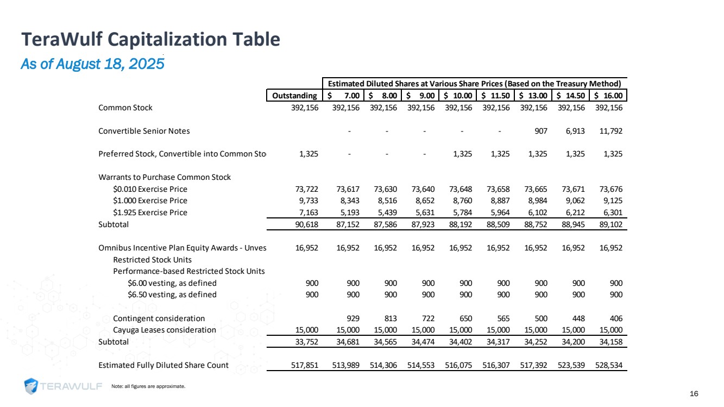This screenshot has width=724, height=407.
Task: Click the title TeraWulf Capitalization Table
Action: click(150, 39)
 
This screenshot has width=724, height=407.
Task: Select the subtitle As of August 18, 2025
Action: click(92, 64)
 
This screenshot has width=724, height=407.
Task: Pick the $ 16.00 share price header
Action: click(608, 96)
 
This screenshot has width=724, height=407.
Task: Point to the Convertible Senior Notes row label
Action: click(144, 131)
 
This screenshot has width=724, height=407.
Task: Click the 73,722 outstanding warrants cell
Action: click(307, 189)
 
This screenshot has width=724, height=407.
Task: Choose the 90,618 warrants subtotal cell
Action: click(307, 224)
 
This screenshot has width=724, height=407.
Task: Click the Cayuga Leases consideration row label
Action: click(164, 330)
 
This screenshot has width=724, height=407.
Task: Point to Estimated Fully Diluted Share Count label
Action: click(163, 365)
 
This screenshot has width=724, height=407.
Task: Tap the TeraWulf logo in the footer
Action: click(64, 386)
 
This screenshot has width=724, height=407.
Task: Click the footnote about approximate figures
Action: click(148, 386)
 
